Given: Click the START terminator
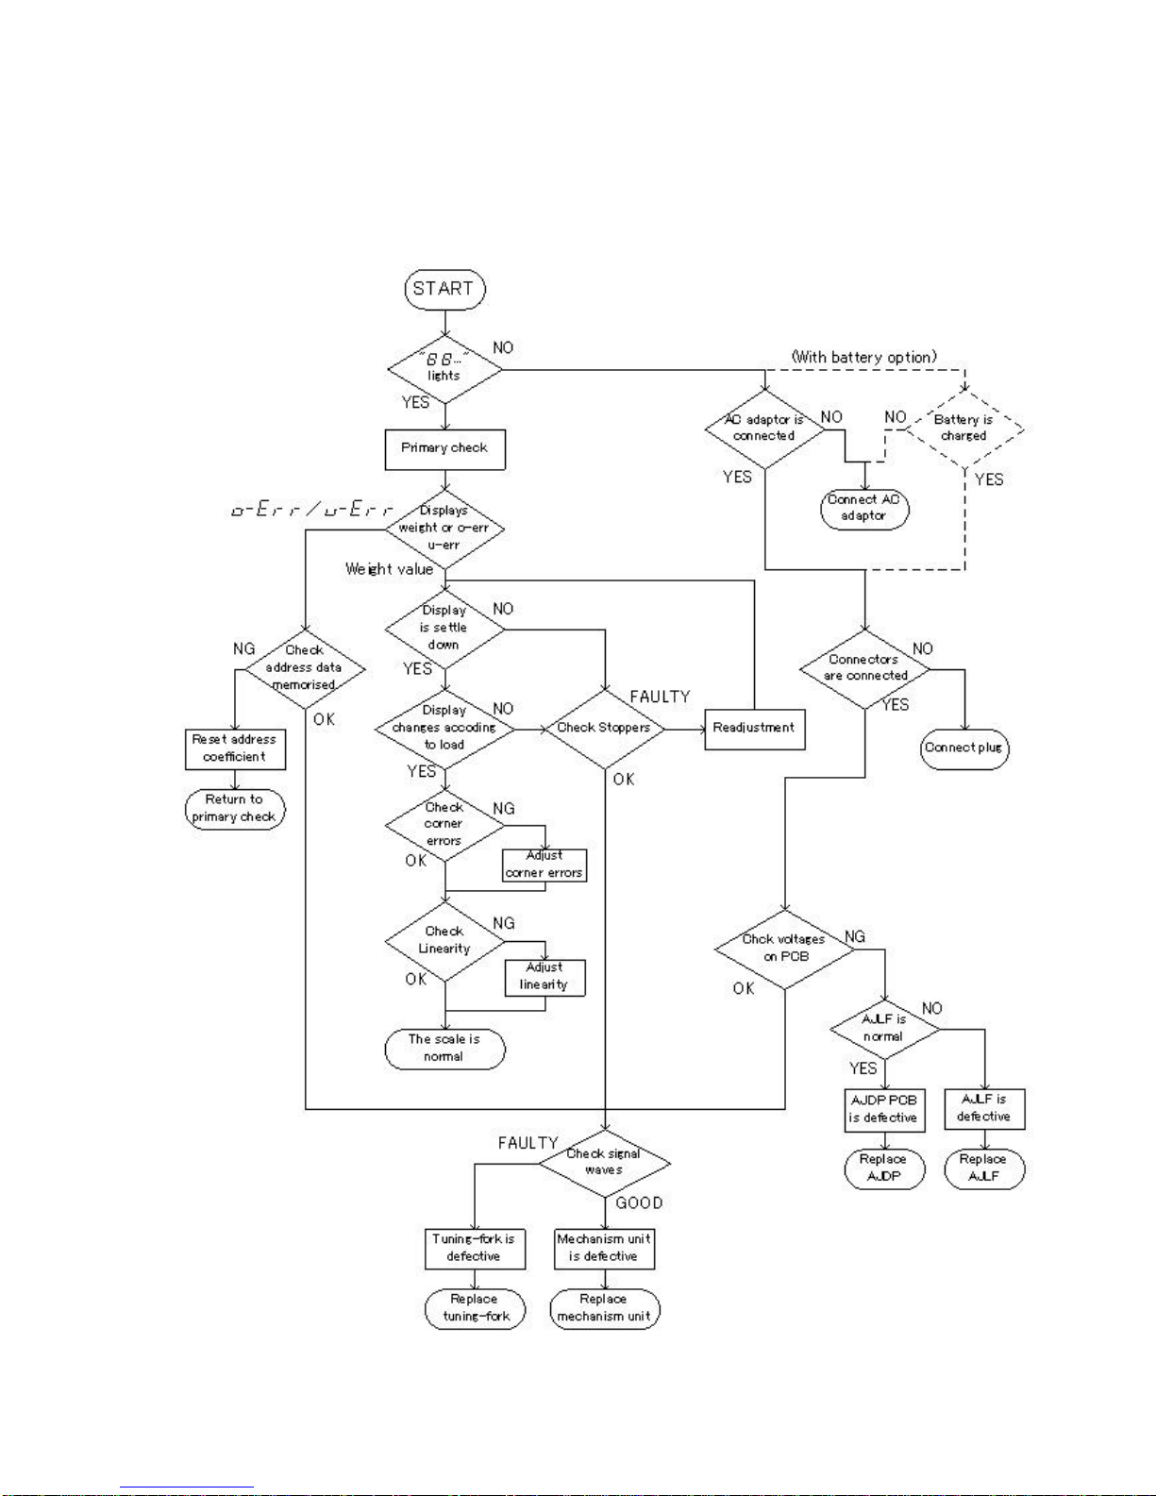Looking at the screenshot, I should (x=444, y=289).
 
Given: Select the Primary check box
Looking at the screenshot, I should (x=444, y=449).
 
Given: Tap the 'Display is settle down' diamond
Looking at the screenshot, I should (x=444, y=629).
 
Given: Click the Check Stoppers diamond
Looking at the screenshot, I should (x=604, y=728).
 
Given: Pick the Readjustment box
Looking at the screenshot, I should (x=754, y=729).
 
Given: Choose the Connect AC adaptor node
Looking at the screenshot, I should (x=863, y=509).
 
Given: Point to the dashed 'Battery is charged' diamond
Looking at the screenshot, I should (x=963, y=429).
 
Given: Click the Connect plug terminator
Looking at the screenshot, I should (x=963, y=749).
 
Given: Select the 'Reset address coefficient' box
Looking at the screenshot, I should (x=234, y=748).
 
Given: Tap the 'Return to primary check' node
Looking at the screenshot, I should (x=234, y=809).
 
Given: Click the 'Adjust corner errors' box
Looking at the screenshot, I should (x=544, y=866).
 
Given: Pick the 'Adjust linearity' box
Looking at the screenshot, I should (x=544, y=977).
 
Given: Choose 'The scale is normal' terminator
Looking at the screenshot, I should (x=444, y=1049).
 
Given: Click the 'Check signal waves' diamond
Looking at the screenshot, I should (x=604, y=1163).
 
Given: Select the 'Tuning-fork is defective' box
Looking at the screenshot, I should (x=474, y=1248).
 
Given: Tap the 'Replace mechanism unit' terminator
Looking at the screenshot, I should (x=604, y=1308).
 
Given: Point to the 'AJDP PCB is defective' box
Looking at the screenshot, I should (x=883, y=1109).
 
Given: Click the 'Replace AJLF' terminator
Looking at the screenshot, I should (x=983, y=1168).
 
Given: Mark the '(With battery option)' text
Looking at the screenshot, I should (x=863, y=357).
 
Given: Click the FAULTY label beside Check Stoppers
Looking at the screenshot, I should (x=660, y=697).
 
